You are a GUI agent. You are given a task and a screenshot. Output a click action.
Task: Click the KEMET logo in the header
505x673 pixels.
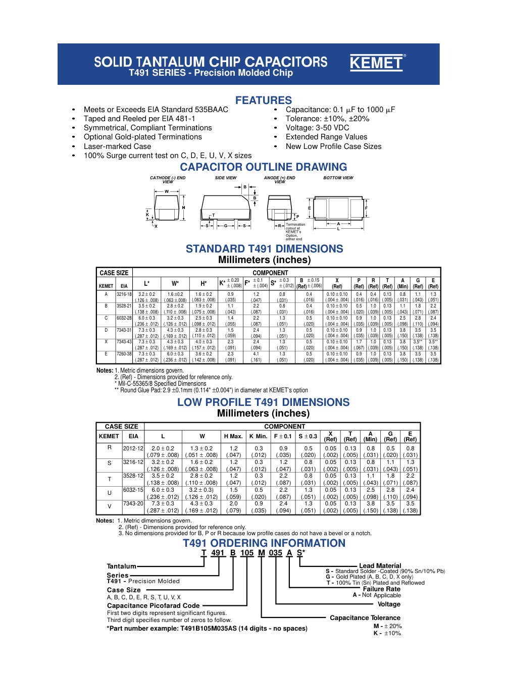(x=377, y=63)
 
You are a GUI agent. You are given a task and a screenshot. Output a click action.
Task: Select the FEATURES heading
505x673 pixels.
(x=263, y=100)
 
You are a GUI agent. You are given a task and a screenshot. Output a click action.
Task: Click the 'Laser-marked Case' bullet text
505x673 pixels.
(x=117, y=146)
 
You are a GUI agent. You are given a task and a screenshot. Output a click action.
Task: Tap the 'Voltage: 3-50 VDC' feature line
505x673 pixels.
(x=317, y=128)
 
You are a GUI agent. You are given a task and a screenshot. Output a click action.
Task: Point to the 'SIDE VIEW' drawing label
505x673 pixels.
(x=225, y=178)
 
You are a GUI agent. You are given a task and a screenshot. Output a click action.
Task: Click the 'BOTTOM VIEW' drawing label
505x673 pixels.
(x=338, y=178)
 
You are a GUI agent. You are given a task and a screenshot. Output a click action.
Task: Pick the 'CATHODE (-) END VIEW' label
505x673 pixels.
(x=168, y=179)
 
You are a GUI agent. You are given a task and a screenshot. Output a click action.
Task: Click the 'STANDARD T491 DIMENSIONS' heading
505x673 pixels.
(x=264, y=249)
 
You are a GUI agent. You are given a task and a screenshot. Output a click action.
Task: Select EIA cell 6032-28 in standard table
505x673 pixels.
(x=124, y=318)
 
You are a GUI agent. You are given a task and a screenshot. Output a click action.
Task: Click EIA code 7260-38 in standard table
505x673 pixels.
(x=124, y=354)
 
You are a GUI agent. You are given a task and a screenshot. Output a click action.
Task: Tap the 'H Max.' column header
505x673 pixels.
(x=233, y=436)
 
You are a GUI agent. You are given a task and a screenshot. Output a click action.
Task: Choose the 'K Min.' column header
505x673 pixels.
(x=258, y=436)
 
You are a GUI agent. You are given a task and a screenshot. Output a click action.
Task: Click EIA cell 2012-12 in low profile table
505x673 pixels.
(x=133, y=448)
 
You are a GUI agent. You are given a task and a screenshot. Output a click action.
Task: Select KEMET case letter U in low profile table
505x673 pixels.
(x=109, y=493)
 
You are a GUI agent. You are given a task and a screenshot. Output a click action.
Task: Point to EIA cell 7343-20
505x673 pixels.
(x=133, y=503)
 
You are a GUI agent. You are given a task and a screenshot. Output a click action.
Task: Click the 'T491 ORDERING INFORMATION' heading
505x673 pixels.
(x=264, y=543)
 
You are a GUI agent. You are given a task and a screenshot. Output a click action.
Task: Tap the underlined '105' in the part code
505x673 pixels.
(x=246, y=553)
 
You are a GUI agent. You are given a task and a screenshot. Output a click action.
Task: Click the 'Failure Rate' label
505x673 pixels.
(x=381, y=589)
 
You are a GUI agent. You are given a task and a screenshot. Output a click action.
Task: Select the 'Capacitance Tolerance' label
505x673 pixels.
(x=365, y=618)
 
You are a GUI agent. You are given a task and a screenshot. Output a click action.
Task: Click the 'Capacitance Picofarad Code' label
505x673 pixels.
(x=153, y=606)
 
